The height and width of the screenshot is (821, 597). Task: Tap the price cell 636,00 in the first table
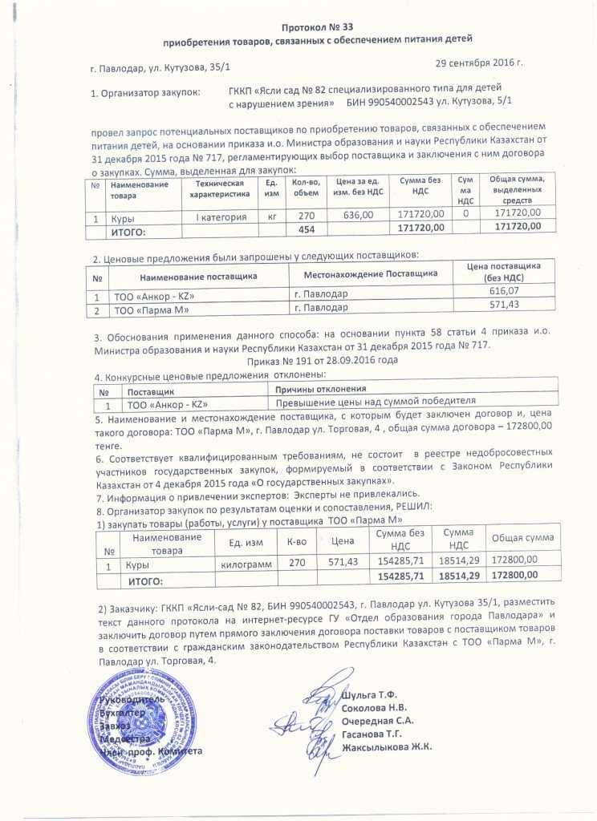click(358, 215)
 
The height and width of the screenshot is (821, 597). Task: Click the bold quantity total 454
click(307, 229)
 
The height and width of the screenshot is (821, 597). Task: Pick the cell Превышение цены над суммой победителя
click(376, 400)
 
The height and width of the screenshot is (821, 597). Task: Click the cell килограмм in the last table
click(246, 564)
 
